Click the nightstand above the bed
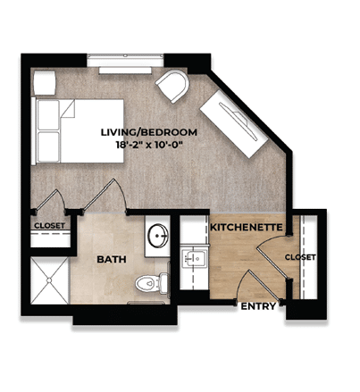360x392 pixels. pyautogui.click(x=44, y=82)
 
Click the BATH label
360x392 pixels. pyautogui.click(x=111, y=259)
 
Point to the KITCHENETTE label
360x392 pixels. pyautogui.click(x=246, y=229)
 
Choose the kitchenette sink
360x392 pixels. pyautogui.click(x=193, y=260)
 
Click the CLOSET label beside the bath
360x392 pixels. pyautogui.click(x=49, y=226)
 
